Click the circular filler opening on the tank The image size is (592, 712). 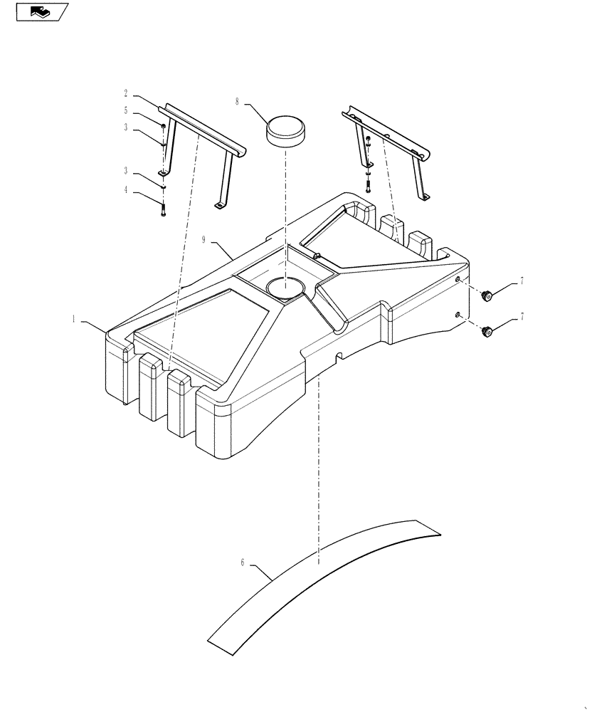(285, 288)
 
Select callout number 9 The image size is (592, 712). (203, 241)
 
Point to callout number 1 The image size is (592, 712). (73, 320)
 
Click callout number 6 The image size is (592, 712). (243, 562)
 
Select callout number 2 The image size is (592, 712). (126, 93)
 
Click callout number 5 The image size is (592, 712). (126, 110)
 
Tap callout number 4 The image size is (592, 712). (126, 190)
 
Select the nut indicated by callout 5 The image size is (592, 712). (164, 127)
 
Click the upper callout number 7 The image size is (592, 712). (521, 281)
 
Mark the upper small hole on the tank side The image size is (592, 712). (459, 280)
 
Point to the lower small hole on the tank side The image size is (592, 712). (459, 314)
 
